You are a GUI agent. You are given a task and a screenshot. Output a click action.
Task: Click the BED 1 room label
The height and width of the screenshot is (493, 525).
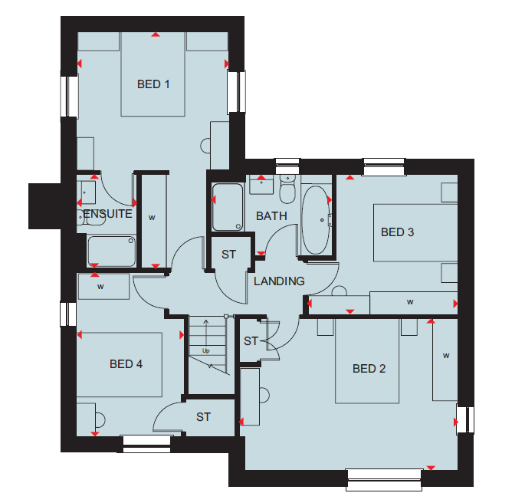pos(153,84)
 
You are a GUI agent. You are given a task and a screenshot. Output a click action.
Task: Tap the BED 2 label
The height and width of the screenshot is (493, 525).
pos(369,369)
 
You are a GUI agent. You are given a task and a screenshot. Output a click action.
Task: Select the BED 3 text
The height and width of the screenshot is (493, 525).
pos(398,232)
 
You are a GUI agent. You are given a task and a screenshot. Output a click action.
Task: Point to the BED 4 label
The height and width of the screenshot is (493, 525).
pos(126,363)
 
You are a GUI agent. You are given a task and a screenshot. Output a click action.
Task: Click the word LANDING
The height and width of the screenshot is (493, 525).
pos(279,281)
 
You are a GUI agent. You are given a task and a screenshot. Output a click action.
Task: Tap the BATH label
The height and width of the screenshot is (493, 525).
pos(271,216)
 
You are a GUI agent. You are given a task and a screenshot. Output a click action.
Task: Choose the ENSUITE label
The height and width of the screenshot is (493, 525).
pos(108,214)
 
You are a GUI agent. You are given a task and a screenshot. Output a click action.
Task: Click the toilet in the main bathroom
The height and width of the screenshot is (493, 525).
pos(287,189)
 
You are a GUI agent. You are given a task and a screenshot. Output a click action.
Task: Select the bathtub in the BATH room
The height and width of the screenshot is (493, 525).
pos(316,220)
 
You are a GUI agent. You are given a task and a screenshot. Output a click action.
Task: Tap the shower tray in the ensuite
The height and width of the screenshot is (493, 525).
pos(111,251)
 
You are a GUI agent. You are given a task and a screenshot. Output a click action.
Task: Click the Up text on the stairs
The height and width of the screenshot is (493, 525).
pos(206,350)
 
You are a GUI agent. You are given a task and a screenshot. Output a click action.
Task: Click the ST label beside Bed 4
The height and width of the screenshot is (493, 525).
pos(203,417)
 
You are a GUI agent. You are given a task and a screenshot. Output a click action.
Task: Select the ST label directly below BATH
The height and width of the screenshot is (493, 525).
pos(228,255)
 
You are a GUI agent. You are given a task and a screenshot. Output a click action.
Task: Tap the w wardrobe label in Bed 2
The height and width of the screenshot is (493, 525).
pos(446,355)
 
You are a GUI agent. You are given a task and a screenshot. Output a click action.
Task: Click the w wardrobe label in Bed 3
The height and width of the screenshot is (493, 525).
pos(410,302)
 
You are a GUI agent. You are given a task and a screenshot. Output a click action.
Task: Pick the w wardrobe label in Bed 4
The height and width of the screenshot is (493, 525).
pos(100,286)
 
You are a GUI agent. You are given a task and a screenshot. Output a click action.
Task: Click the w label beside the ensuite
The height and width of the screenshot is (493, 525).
pos(152,217)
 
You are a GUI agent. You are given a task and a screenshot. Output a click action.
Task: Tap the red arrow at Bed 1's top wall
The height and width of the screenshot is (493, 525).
pos(156,35)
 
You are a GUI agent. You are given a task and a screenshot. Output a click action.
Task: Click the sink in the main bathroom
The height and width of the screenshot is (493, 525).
pos(261,186)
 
